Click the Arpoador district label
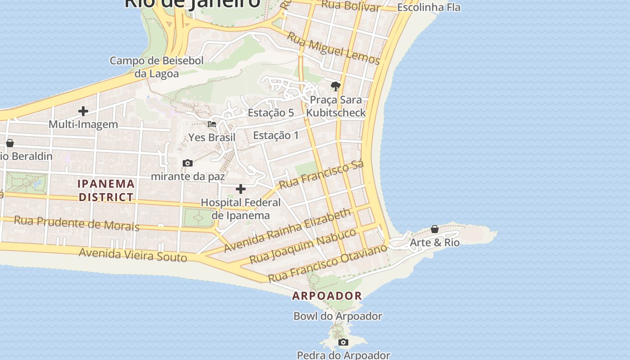pos(327,296)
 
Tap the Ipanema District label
pos(106,190)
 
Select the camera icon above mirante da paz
pos(188,163)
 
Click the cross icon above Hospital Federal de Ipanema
pos(241,189)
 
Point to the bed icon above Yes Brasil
pos(212,124)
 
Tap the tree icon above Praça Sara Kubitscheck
pos(335,86)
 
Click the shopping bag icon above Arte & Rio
pos(435,229)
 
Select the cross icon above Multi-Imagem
pos(83,111)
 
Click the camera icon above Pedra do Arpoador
pos(343,342)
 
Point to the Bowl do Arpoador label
pos(337,316)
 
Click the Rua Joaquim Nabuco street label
pos(303,246)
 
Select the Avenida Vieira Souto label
pos(133,255)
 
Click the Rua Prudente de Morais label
pos(76,223)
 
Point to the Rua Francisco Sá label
pos(321,175)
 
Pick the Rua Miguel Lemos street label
pos(333,48)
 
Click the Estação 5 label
pos(271,112)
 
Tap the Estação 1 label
pos(276,135)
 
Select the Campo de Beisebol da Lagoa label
pos(157,67)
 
